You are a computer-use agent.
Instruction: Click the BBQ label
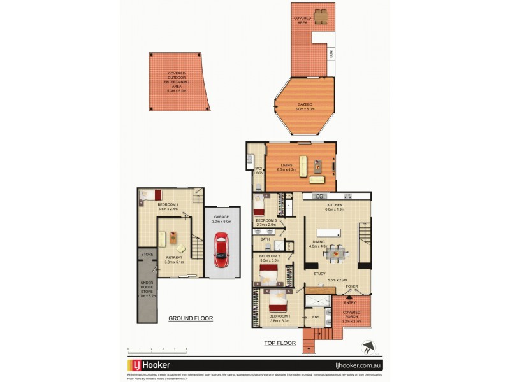pyautogui.click(x=330, y=53)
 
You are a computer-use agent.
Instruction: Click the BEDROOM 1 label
pyautogui.click(x=279, y=316)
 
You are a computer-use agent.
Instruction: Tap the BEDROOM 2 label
pyautogui.click(x=270, y=256)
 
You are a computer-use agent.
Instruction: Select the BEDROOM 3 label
pyautogui.click(x=266, y=220)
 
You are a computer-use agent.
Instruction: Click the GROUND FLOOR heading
pyautogui.click(x=190, y=318)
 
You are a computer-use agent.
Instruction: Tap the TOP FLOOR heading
pyautogui.click(x=280, y=343)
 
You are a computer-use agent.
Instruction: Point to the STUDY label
pyautogui.click(x=319, y=274)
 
